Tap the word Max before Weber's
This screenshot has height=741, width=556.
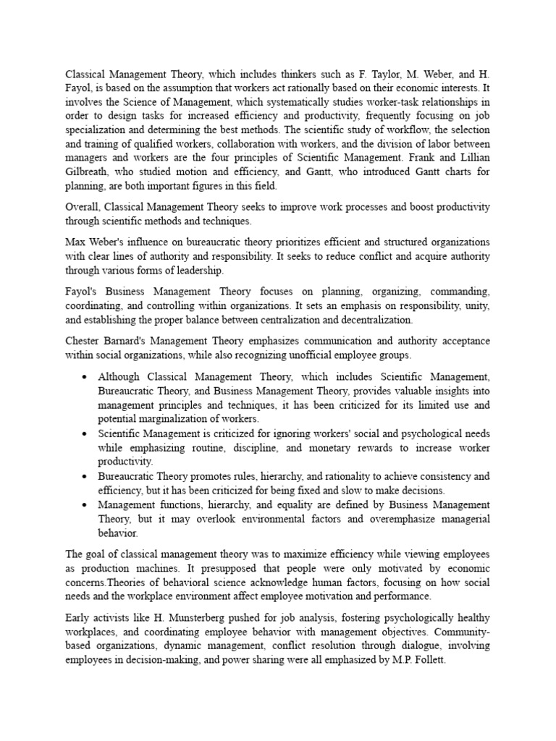click(x=76, y=241)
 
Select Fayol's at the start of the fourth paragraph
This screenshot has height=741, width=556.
click(x=82, y=292)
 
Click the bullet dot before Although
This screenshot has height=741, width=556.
click(x=86, y=377)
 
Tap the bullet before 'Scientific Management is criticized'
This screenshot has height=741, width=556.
click(x=86, y=433)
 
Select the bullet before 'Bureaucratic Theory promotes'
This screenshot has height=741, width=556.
click(x=86, y=476)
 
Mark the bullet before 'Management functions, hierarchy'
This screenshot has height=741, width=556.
click(x=86, y=505)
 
